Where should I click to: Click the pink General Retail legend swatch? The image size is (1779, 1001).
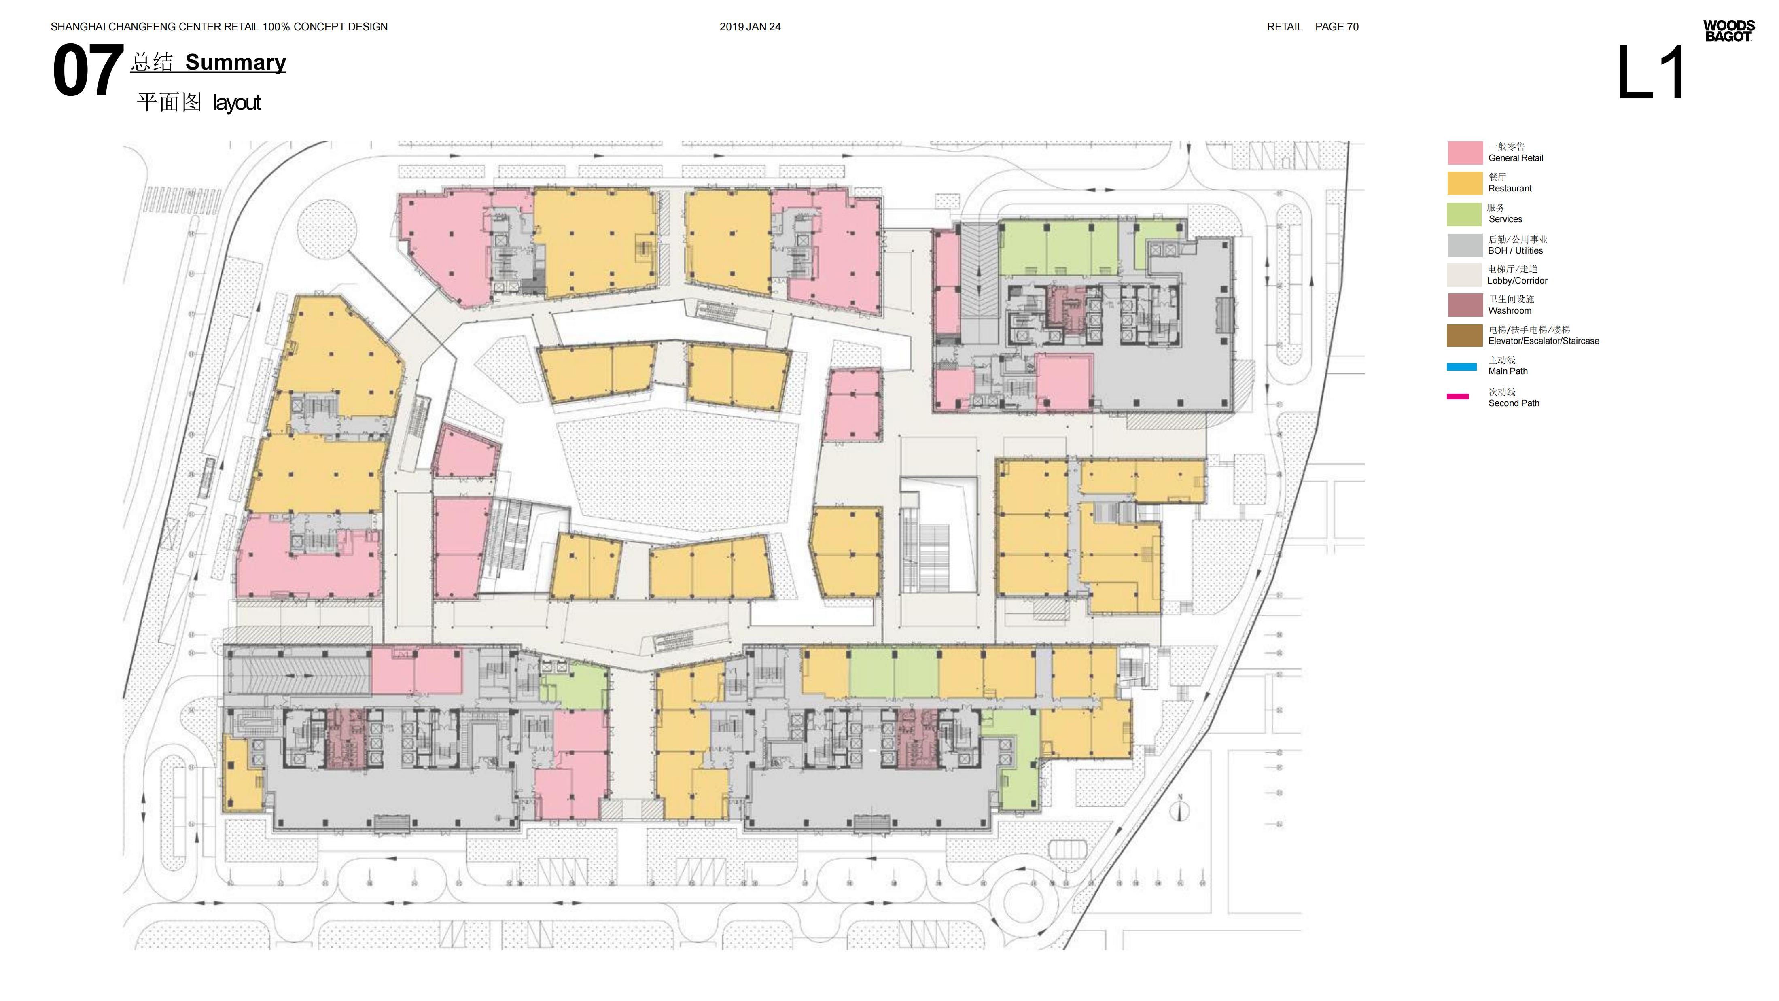[1465, 153]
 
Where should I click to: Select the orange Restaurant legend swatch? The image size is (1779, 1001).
[1465, 183]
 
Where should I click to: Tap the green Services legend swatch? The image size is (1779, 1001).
[1464, 214]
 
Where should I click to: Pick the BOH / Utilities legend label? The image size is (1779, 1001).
[1515, 251]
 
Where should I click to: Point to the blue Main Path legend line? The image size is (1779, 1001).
[1462, 367]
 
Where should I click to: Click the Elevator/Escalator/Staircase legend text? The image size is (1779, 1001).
[1544, 341]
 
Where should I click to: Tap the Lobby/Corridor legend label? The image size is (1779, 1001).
[1517, 280]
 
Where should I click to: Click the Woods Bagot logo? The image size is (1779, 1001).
[1728, 31]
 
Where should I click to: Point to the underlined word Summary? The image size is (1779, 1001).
[235, 62]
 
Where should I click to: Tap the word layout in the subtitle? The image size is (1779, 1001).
[237, 103]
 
